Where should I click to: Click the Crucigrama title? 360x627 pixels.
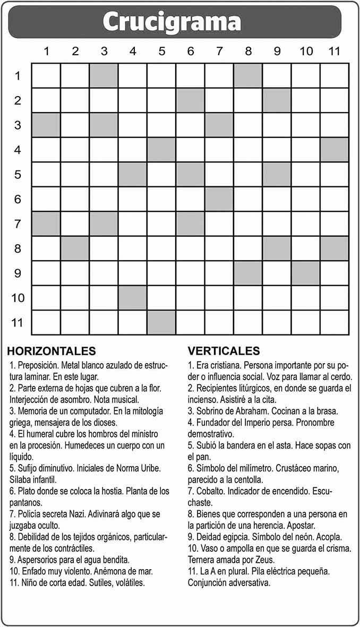172,22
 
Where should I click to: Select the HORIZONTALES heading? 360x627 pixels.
52,351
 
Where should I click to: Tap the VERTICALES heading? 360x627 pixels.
224,351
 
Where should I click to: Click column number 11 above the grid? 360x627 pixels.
333,51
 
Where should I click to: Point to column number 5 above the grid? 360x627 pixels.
161,51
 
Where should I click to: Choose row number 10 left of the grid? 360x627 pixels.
18,297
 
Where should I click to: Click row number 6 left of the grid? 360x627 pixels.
18,200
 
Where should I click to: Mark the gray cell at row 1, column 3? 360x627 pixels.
104,75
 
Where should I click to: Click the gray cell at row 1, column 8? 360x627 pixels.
248,75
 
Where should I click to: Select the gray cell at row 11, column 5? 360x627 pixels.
161,322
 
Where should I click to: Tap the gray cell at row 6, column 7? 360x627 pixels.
219,199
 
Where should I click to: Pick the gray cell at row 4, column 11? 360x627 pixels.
335,150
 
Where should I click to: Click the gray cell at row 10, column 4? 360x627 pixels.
133,298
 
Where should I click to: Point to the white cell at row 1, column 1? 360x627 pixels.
46,75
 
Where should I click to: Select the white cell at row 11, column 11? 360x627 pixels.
335,322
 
